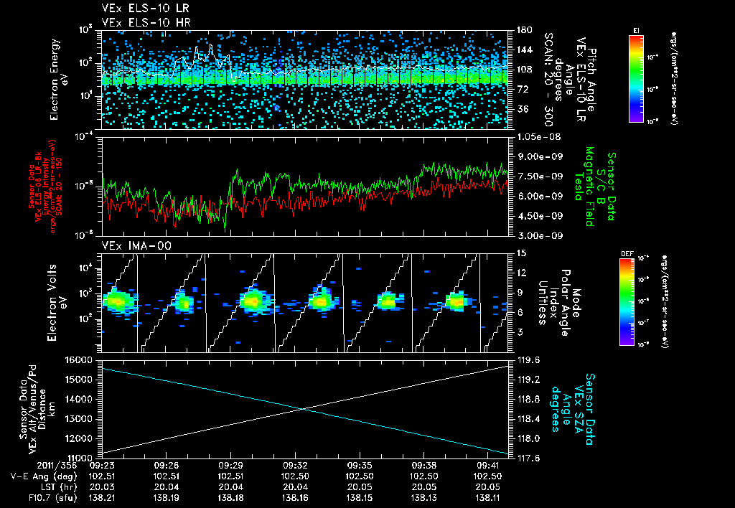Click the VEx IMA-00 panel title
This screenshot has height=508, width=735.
[130, 246]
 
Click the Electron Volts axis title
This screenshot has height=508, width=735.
[57, 298]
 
